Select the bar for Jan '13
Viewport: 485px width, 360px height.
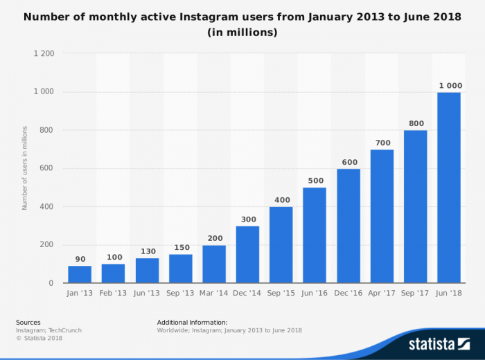(x=79, y=274)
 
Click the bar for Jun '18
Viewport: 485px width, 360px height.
(x=449, y=188)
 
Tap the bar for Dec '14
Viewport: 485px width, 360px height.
(x=247, y=254)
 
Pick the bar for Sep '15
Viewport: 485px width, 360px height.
(x=281, y=244)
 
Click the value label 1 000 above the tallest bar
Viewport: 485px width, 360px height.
(x=449, y=85)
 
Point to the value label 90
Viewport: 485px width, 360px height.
(x=79, y=259)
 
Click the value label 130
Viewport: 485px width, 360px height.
(x=146, y=251)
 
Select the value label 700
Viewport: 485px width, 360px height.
(x=382, y=143)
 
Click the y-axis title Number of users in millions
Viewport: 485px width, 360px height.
(x=25, y=168)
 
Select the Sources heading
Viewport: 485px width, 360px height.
(x=28, y=322)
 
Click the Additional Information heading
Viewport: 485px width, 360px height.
(x=192, y=322)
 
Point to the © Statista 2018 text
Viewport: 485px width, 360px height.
(x=39, y=338)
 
